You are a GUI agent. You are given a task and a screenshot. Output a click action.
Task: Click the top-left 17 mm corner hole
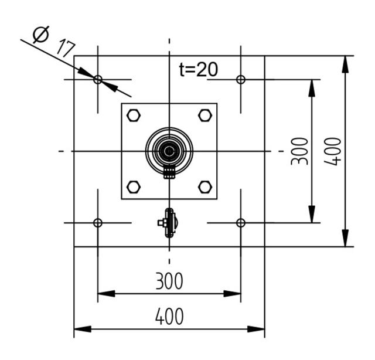(98, 79)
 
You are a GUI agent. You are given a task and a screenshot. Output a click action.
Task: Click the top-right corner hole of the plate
(240, 79)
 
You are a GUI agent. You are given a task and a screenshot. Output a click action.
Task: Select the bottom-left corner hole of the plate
(98, 223)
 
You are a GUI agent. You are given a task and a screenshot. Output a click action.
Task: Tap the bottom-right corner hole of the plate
(240, 223)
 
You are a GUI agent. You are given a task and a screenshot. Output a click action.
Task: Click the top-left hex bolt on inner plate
(134, 116)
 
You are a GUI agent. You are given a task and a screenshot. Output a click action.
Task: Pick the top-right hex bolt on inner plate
(204, 116)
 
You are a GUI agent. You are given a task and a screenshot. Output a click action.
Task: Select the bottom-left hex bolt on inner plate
(134, 187)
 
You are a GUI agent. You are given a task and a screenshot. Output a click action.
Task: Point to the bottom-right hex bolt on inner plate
(204, 187)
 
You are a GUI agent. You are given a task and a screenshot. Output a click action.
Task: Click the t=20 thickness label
(198, 69)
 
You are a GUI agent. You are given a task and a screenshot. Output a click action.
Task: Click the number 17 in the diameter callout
(65, 47)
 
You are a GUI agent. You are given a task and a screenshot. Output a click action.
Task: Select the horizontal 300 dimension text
(169, 281)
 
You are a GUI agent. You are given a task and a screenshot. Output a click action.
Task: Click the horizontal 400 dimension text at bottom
(169, 317)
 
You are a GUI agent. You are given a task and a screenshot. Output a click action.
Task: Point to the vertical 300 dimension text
(299, 151)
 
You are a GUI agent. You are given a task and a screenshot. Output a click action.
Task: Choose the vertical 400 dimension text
(333, 151)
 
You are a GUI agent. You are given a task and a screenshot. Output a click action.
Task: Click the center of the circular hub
(169, 151)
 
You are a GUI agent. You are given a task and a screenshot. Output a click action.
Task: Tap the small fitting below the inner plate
(169, 223)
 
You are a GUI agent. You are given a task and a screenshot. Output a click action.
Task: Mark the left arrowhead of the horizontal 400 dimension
(81, 328)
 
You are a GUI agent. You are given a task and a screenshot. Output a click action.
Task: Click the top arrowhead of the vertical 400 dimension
(345, 63)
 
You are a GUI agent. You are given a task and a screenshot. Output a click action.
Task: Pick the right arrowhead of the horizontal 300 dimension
(234, 293)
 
